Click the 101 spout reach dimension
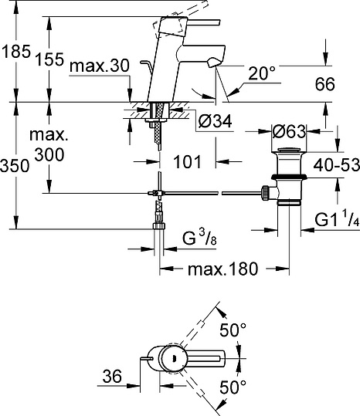[x=187, y=162]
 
